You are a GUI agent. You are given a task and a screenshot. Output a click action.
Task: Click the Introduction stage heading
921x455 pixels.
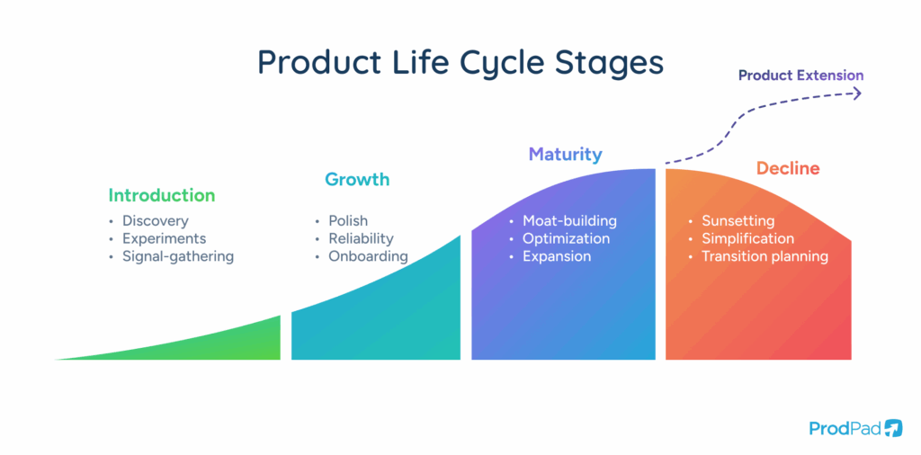[x=162, y=195]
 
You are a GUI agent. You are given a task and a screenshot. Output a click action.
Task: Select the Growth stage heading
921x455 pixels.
[x=357, y=179]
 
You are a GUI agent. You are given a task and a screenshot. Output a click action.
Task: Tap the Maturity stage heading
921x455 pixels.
[x=565, y=154]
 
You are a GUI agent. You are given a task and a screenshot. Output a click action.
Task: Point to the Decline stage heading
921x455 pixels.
[x=787, y=168]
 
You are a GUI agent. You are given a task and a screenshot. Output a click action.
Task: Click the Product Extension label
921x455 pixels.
[x=800, y=76]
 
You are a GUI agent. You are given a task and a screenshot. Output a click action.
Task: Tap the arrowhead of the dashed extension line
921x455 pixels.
[x=857, y=93]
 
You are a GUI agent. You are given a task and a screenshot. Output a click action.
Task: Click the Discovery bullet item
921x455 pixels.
[x=156, y=220]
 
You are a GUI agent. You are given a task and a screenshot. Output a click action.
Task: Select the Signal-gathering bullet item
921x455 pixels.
[x=178, y=256]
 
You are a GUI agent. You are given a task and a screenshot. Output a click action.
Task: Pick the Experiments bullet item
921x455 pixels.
[x=165, y=238]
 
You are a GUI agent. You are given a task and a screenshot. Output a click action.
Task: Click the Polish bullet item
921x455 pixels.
[x=348, y=220]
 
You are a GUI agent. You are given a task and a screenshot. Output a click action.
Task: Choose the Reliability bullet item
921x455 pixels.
[x=361, y=238]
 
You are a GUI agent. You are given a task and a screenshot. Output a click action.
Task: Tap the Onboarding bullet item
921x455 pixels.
[x=368, y=256]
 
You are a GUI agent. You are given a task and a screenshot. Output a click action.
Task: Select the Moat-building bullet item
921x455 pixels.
[x=569, y=220]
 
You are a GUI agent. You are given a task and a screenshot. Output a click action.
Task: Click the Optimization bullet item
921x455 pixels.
[x=566, y=238]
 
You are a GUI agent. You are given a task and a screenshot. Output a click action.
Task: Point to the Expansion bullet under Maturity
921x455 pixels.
[x=557, y=256]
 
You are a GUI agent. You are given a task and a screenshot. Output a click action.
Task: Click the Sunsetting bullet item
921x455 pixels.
[x=738, y=220]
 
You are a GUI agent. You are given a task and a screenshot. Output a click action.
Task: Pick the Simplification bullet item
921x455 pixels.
[x=747, y=238]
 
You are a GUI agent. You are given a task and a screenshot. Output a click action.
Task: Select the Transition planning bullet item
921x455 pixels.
[x=765, y=256]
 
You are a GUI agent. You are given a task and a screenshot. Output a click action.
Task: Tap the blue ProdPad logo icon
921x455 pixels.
[x=893, y=428]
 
